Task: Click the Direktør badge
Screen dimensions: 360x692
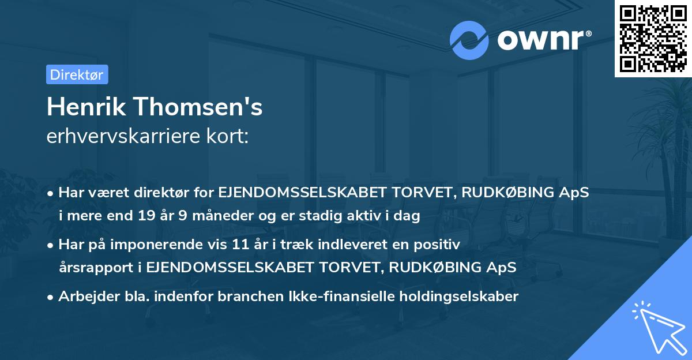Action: [77, 74]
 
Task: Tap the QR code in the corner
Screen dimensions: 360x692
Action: [653, 38]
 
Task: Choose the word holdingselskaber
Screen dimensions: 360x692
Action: [453, 297]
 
